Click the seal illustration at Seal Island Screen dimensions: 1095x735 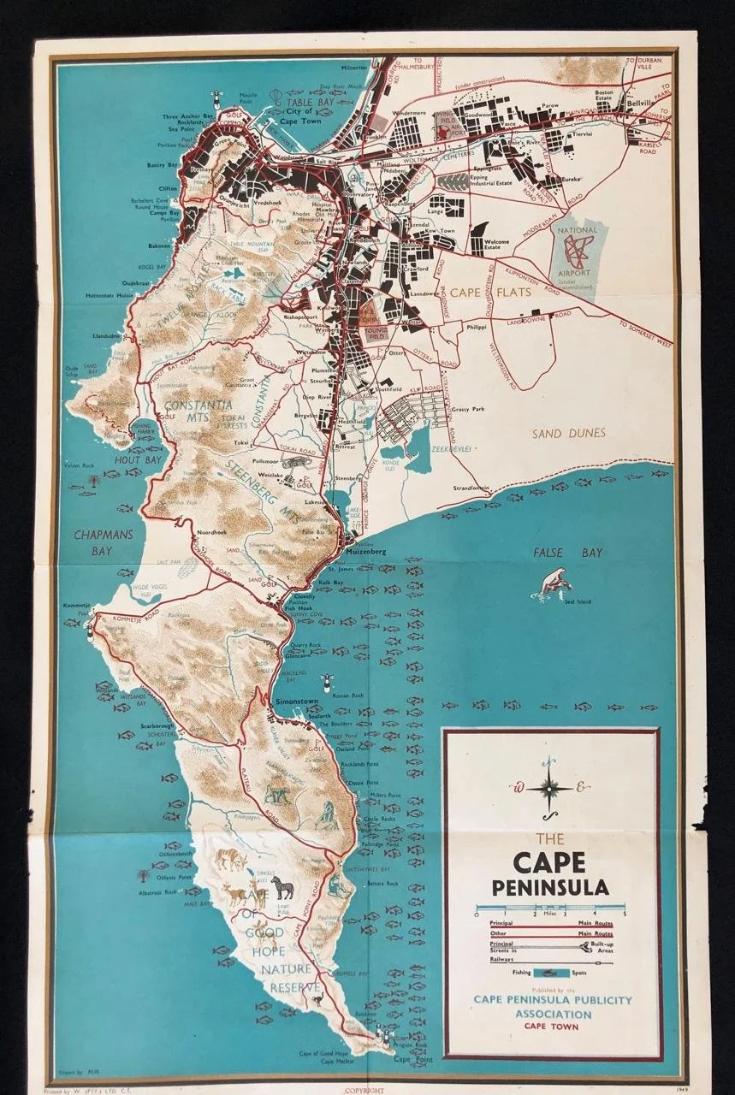553,583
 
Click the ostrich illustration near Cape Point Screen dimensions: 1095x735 319,997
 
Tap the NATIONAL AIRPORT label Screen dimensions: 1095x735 577,230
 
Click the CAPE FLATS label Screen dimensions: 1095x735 490,292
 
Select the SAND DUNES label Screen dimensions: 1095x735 569,434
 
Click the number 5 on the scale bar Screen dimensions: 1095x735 625,914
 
